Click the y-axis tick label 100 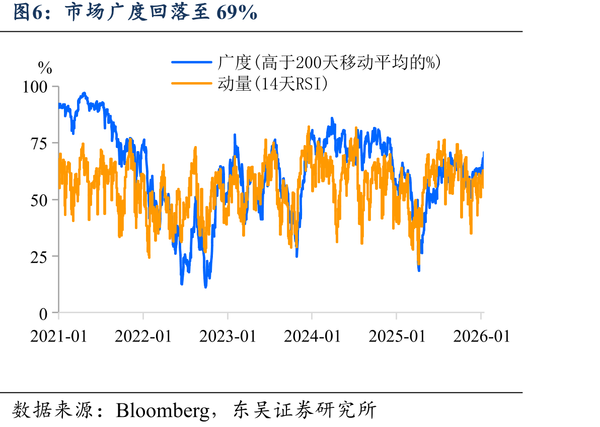[x=35, y=87]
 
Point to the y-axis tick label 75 [x=39, y=144]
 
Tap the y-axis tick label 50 [x=39, y=200]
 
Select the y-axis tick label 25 [x=39, y=257]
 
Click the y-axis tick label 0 [x=43, y=314]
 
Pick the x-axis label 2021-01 [x=58, y=336]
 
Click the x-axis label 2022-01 [x=143, y=336]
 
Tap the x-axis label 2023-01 [x=228, y=336]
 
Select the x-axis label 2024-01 [x=312, y=336]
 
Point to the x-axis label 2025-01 [x=397, y=336]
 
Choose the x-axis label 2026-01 [x=481, y=336]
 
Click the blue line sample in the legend [x=191, y=62]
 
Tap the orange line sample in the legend [x=191, y=83]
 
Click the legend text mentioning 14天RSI [x=272, y=84]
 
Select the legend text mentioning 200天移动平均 [x=329, y=62]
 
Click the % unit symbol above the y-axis [x=45, y=68]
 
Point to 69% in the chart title [x=237, y=12]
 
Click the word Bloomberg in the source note [x=163, y=410]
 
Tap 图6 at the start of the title [x=28, y=12]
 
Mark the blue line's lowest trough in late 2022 [x=205, y=287]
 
